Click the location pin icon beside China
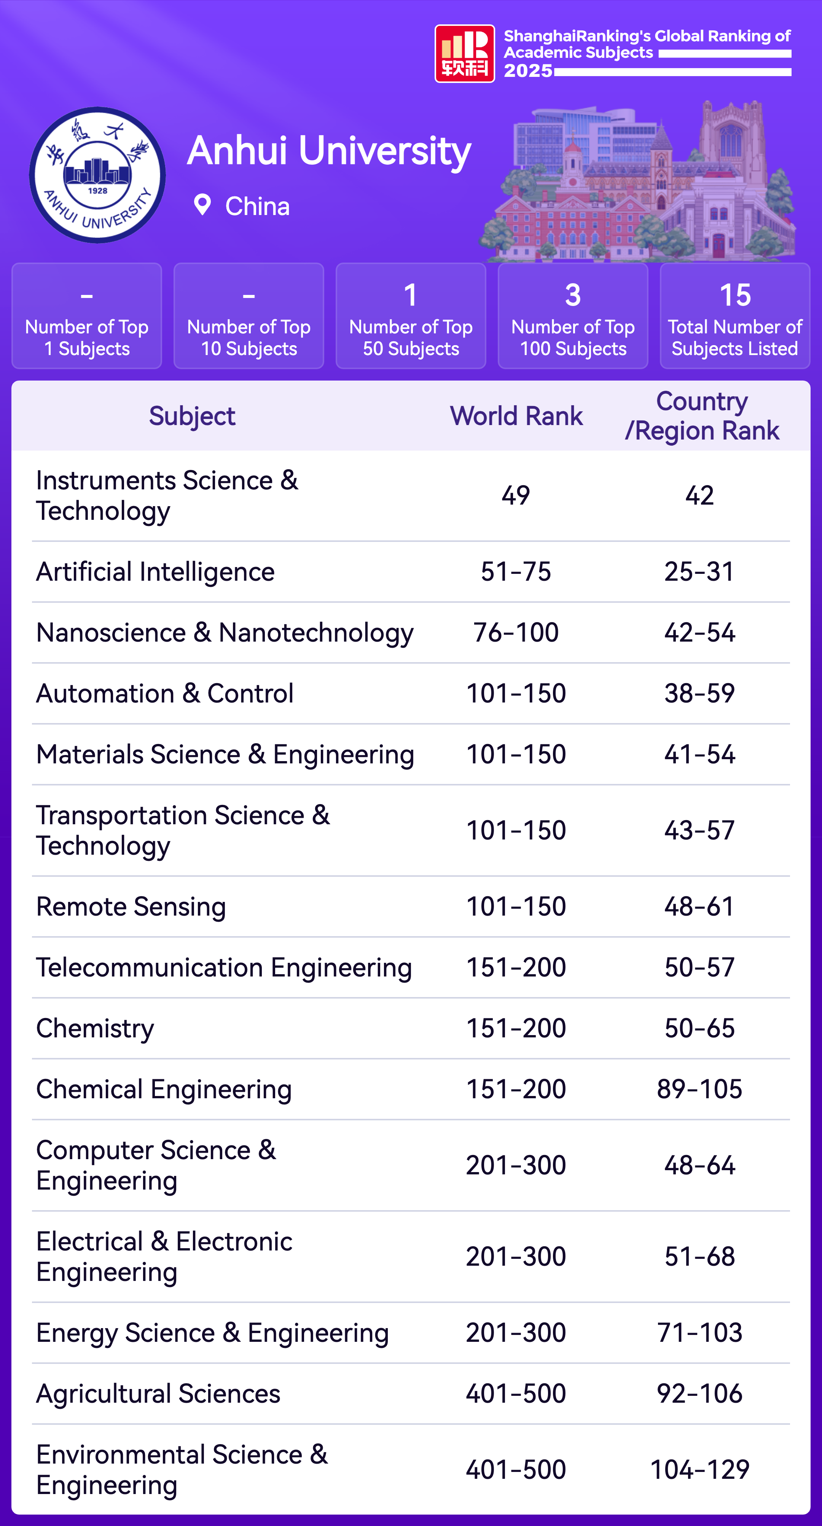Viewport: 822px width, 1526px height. (x=202, y=205)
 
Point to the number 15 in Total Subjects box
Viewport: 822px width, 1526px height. (x=735, y=295)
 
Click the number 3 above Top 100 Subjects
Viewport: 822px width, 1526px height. (x=573, y=295)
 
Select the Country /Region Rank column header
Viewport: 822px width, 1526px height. (x=702, y=416)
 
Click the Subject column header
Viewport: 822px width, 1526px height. (x=192, y=416)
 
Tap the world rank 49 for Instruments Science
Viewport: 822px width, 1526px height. (x=516, y=495)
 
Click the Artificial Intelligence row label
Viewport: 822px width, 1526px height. (x=155, y=572)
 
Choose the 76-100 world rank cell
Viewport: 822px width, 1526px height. (x=516, y=633)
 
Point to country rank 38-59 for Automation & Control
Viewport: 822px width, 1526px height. (x=699, y=693)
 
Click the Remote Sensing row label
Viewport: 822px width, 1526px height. (x=131, y=906)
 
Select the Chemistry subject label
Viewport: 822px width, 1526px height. (x=95, y=1028)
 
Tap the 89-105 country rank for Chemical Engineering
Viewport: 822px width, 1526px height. (x=699, y=1089)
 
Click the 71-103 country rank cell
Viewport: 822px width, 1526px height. (x=699, y=1333)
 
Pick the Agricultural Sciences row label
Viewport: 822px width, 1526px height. (x=158, y=1394)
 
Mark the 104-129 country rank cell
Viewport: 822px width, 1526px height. (x=699, y=1470)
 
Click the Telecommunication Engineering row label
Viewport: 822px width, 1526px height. (x=224, y=967)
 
